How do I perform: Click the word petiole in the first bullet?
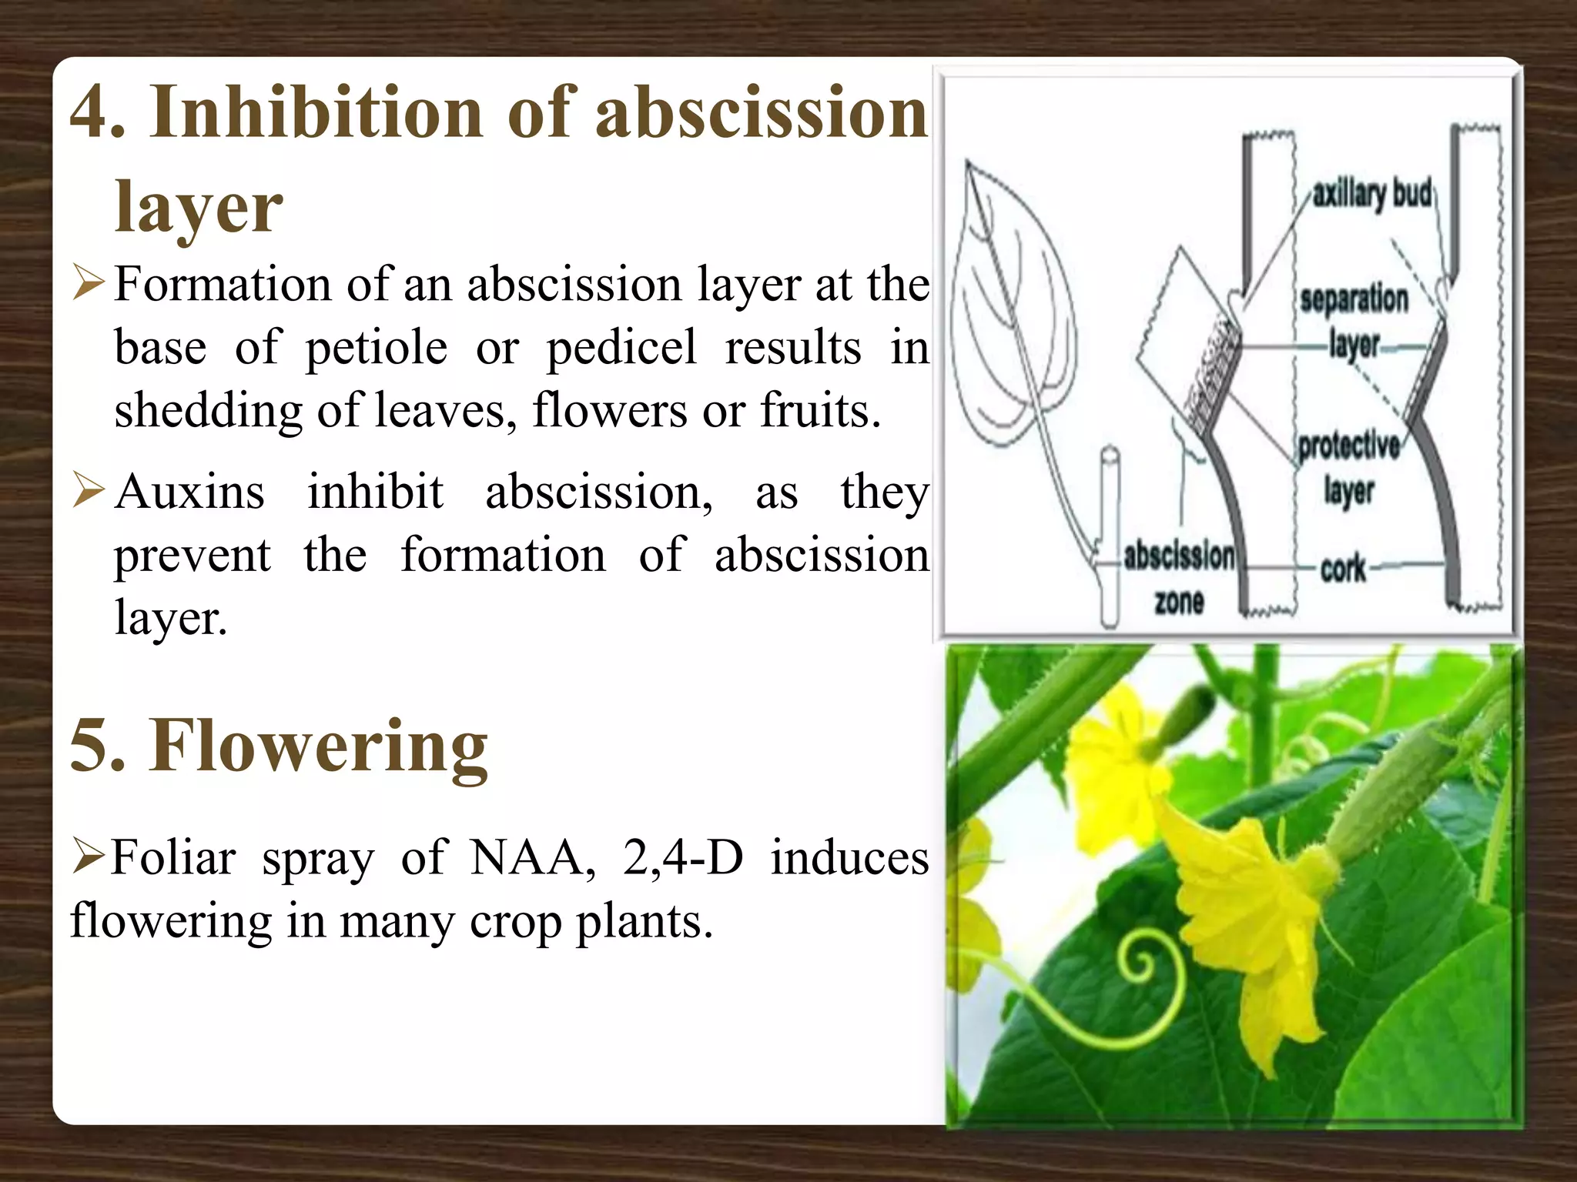[377, 348]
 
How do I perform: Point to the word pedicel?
[621, 348]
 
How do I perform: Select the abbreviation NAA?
[532, 857]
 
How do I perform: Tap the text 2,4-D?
[683, 857]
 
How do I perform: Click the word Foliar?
[172, 857]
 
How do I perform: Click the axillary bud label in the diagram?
[1371, 193]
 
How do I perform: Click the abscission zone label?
[1179, 577]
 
